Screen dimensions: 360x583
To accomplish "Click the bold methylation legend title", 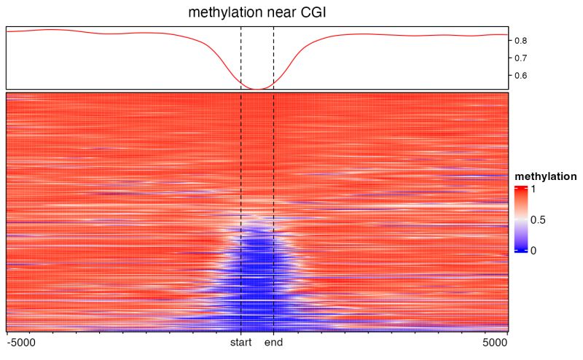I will coord(546,177).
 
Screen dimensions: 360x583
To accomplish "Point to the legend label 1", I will coord(533,189).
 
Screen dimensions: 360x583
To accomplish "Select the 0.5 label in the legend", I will coord(538,219).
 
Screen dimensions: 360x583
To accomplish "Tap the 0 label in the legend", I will coord(533,251).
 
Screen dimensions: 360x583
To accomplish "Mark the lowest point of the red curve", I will coord(257,89).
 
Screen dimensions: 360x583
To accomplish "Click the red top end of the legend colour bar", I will coord(520,188).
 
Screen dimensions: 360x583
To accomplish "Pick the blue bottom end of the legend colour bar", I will coord(520,250).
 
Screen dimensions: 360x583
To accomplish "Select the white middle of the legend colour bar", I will coord(520,219).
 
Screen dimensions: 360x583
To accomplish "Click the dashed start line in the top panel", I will coord(241,58).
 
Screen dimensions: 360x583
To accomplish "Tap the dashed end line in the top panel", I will coord(273,58).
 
